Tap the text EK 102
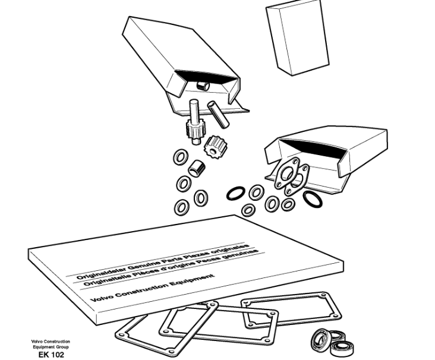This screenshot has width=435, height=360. tap(51, 355)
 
